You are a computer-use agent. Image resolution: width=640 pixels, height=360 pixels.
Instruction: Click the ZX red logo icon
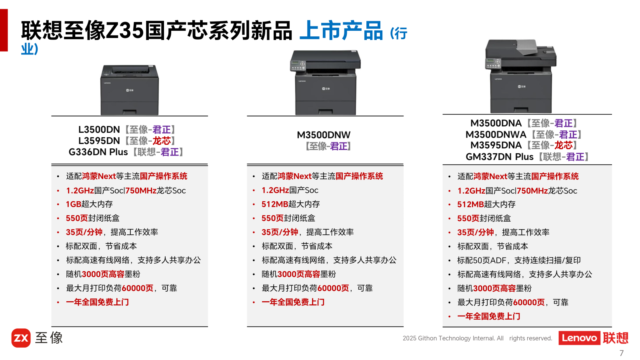coord(21,338)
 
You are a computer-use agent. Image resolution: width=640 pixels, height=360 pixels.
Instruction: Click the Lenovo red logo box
coord(580,338)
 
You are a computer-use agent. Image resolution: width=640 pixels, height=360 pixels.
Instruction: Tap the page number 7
coord(622,353)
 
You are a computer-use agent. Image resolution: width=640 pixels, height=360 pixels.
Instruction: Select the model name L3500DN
coord(99,130)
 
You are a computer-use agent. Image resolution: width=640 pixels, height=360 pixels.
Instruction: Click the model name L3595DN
coord(99,141)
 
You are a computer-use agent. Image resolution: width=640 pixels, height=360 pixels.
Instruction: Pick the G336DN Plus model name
coord(98,152)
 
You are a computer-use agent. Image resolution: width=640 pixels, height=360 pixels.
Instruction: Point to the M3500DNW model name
coord(324,135)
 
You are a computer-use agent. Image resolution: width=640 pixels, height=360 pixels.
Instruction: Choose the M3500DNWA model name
coord(496,134)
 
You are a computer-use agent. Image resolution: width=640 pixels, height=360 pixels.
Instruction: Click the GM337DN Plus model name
coord(500,157)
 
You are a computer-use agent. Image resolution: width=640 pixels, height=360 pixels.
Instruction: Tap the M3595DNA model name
coord(496,146)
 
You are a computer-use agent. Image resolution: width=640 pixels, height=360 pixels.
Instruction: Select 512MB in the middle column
coord(275,204)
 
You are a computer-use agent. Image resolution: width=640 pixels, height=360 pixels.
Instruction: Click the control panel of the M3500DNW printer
coord(298,66)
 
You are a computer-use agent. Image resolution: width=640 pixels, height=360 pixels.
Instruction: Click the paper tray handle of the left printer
coord(130,112)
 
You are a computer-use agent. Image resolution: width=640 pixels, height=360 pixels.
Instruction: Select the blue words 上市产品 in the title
coord(341,30)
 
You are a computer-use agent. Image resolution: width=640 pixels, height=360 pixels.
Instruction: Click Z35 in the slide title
coord(124,30)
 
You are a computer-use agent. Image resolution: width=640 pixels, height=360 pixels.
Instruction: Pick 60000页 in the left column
coord(138,288)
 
